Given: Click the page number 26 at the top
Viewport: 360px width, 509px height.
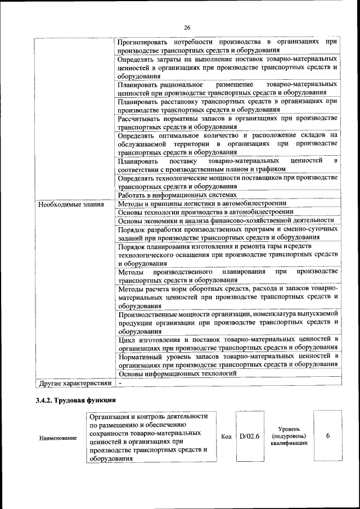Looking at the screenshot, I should pyautogui.click(x=187, y=28).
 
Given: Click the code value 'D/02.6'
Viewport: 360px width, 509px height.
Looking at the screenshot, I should pyautogui.click(x=249, y=436).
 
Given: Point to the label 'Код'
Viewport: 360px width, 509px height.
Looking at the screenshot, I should pyautogui.click(x=227, y=436).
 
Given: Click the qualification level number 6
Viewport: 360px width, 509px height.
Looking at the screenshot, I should pyautogui.click(x=327, y=436).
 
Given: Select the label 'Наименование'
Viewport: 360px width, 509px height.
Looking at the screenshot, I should pyautogui.click(x=58, y=438).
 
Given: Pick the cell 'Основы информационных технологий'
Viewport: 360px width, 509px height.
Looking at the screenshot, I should pyautogui.click(x=176, y=373).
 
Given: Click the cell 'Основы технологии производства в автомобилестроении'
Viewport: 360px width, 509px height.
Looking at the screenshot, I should pyautogui.click(x=206, y=212).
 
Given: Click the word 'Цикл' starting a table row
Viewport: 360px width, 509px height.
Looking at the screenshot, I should pyautogui.click(x=127, y=340).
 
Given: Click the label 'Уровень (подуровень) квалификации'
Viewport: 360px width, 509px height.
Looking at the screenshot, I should pyautogui.click(x=289, y=436).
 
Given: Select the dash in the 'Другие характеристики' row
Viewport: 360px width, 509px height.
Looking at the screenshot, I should pyautogui.click(x=120, y=383).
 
